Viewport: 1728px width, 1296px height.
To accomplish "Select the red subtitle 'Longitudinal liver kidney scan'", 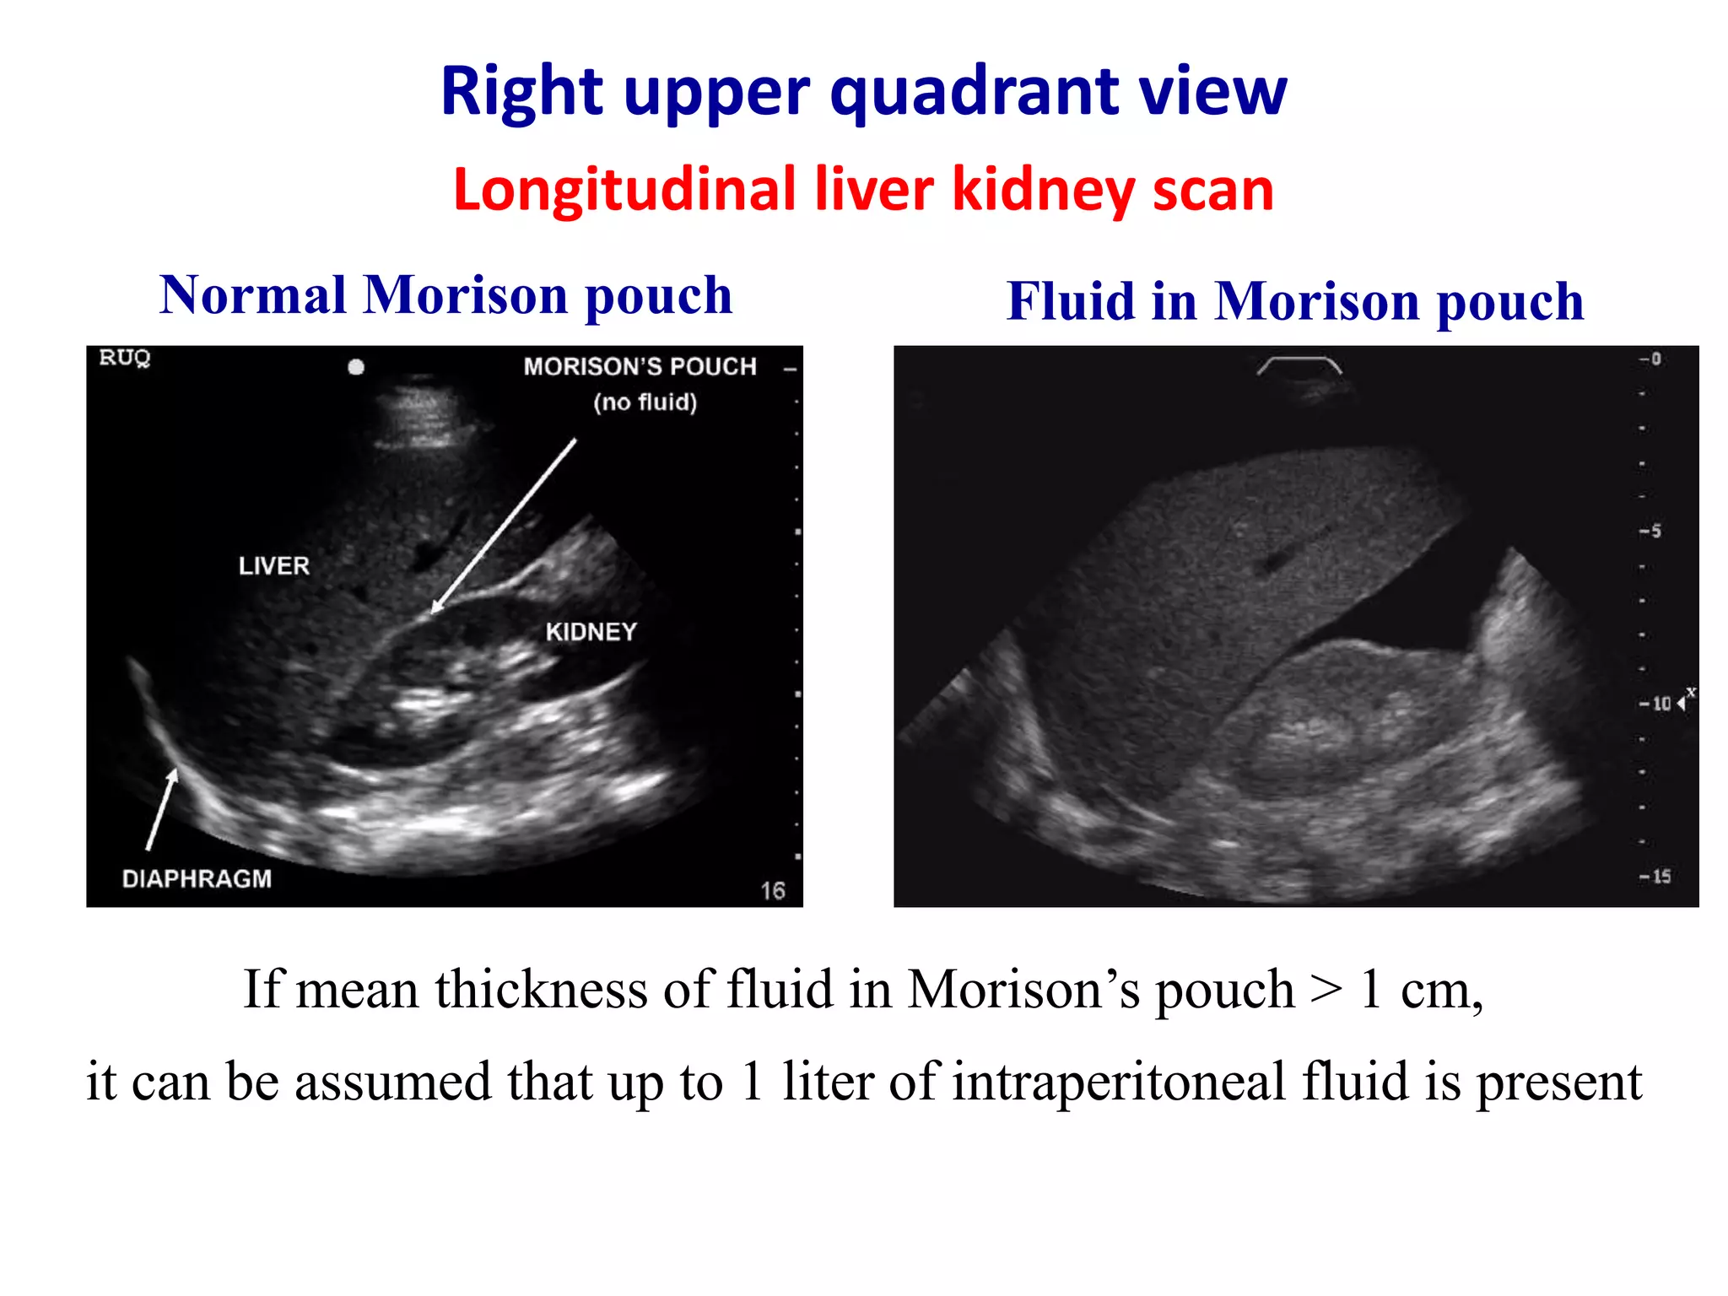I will pyautogui.click(x=863, y=190).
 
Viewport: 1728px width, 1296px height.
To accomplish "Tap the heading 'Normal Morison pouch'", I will pyautogui.click(x=445, y=295).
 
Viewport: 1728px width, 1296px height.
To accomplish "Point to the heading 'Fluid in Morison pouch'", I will pyautogui.click(x=1295, y=301).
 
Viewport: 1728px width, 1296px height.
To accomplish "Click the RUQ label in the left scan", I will pyautogui.click(x=125, y=358).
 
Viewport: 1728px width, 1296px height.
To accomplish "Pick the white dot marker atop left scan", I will pyautogui.click(x=356, y=367).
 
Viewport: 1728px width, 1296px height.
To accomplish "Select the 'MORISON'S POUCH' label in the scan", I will pyautogui.click(x=640, y=367).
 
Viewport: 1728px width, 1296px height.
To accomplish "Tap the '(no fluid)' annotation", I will pyautogui.click(x=645, y=402).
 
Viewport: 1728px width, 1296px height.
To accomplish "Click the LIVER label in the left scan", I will pyautogui.click(x=274, y=565).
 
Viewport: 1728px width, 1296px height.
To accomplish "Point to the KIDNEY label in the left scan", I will pyautogui.click(x=591, y=632).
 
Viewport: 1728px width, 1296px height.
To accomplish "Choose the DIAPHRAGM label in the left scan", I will pyautogui.click(x=197, y=879).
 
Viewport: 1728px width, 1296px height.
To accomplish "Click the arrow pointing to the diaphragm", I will pyautogui.click(x=161, y=810).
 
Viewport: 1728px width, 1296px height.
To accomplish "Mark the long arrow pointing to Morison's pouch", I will pyautogui.click(x=505, y=525).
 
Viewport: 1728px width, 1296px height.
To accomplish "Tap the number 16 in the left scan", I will pyautogui.click(x=773, y=891).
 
